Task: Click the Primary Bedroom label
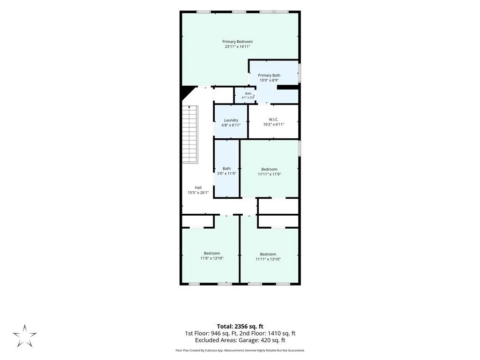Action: (x=237, y=42)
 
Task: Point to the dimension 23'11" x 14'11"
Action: (x=237, y=46)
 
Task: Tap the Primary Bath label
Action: (x=269, y=75)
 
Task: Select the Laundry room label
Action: (x=231, y=120)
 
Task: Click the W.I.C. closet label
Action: (x=273, y=120)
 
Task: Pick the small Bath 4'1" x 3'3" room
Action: (x=245, y=96)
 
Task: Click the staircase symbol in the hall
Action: (x=190, y=135)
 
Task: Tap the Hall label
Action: (x=198, y=187)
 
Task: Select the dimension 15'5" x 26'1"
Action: (x=198, y=193)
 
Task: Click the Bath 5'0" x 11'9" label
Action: (x=226, y=171)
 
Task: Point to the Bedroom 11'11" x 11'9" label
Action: (x=269, y=172)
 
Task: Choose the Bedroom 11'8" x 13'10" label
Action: (x=212, y=255)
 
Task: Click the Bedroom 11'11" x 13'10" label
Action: (x=268, y=256)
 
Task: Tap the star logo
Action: (x=24, y=336)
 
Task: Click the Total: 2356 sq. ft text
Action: (x=240, y=326)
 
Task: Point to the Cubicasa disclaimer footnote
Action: (x=240, y=350)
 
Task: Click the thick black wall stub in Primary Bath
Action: (x=288, y=87)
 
